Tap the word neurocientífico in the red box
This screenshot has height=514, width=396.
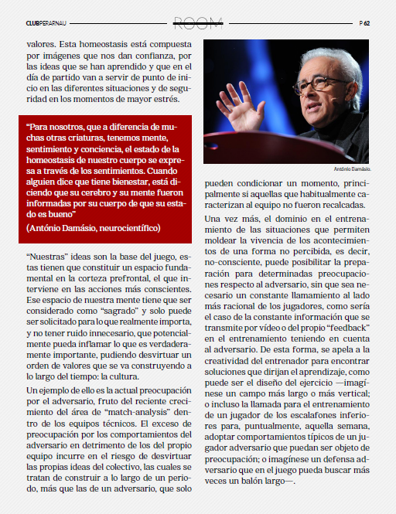click(x=126, y=228)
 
